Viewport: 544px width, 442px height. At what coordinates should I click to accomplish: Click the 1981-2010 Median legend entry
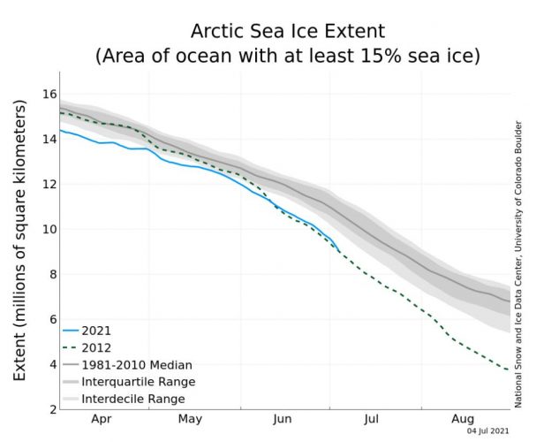point(137,364)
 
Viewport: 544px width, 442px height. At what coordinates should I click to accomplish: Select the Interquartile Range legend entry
point(138,382)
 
